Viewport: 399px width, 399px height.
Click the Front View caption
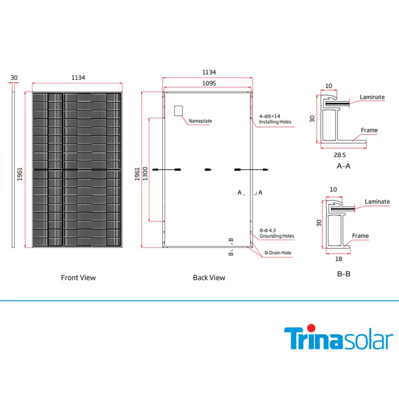[x=78, y=277]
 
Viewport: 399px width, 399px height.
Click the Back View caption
[x=209, y=277]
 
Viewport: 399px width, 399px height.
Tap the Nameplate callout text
[x=200, y=121]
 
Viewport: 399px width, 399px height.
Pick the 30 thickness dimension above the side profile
[x=14, y=77]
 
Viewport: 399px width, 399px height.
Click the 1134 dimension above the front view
[x=78, y=77]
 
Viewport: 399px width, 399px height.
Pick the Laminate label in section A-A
[x=372, y=97]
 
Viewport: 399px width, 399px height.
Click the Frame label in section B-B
[x=360, y=236]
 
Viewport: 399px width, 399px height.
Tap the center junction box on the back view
[x=208, y=170]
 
